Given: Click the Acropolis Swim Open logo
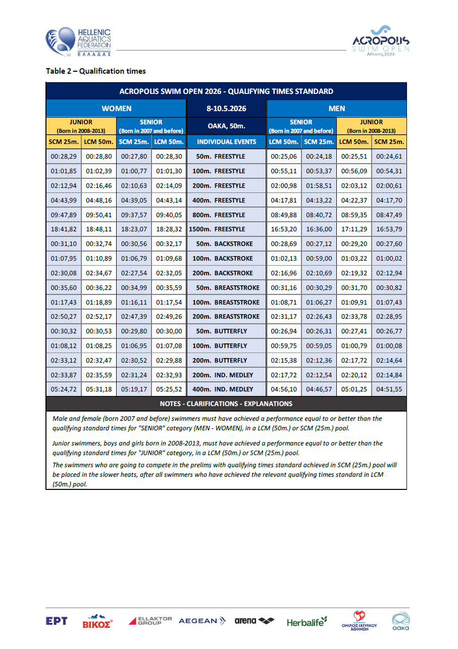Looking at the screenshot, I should (x=381, y=42).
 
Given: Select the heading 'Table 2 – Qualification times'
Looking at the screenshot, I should (x=96, y=71).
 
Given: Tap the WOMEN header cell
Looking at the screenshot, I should (x=116, y=109).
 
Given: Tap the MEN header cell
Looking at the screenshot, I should (x=336, y=109).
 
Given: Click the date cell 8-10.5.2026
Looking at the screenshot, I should (x=226, y=109).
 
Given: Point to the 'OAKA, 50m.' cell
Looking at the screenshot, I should (x=226, y=126).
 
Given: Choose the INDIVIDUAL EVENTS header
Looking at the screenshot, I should (x=226, y=142).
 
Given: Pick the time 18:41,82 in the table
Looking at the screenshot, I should (x=64, y=229).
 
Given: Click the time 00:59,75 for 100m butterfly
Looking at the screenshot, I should (x=284, y=346).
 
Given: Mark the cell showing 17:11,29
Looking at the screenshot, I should (x=354, y=229).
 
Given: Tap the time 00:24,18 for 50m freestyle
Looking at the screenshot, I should (x=319, y=157).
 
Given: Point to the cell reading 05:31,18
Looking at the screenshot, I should (x=98, y=389).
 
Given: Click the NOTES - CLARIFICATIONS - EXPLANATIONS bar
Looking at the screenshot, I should (x=226, y=404).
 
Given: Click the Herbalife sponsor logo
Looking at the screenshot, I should (x=307, y=622).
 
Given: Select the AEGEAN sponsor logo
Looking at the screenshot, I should (x=202, y=621).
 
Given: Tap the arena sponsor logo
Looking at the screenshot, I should (x=255, y=621).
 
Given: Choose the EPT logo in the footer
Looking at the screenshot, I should (x=57, y=621).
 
